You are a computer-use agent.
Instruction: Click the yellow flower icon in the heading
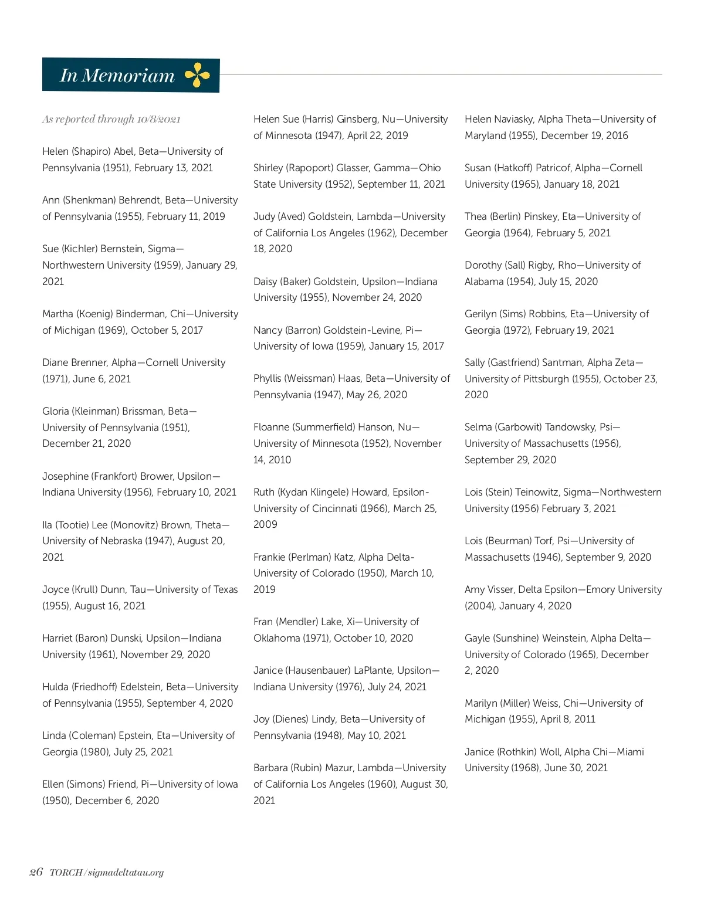click(197, 76)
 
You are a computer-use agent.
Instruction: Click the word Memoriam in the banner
click(128, 76)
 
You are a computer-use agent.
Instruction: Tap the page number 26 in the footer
click(36, 872)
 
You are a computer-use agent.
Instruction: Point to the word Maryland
click(485, 135)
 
